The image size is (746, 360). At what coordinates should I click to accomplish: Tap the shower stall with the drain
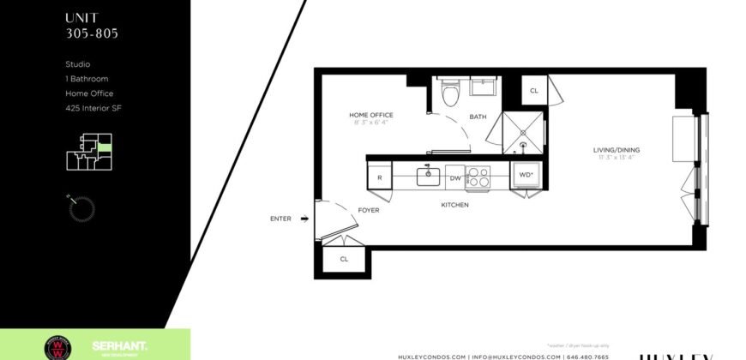click(x=523, y=132)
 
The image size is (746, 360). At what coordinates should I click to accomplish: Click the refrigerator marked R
click(x=379, y=178)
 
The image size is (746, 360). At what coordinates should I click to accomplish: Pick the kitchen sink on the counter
click(x=428, y=177)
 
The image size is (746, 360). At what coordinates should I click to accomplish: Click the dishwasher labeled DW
click(x=454, y=178)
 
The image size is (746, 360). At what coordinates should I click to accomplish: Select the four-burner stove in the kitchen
click(x=478, y=177)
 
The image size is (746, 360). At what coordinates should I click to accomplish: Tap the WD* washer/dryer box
click(x=525, y=176)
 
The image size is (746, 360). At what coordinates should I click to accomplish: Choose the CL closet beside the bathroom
click(x=533, y=90)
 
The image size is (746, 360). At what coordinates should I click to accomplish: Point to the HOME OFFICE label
click(x=370, y=115)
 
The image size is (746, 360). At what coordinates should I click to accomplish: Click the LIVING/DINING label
click(x=617, y=150)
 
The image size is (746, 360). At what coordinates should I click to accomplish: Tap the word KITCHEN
click(x=454, y=205)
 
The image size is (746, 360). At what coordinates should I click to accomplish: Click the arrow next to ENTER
click(x=304, y=219)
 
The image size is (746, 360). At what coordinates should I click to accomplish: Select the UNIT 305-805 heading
click(x=92, y=26)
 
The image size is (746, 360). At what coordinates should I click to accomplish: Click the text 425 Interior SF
click(x=94, y=108)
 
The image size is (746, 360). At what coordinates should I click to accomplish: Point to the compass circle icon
click(x=81, y=207)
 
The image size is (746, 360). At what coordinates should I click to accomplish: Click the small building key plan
click(x=88, y=151)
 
